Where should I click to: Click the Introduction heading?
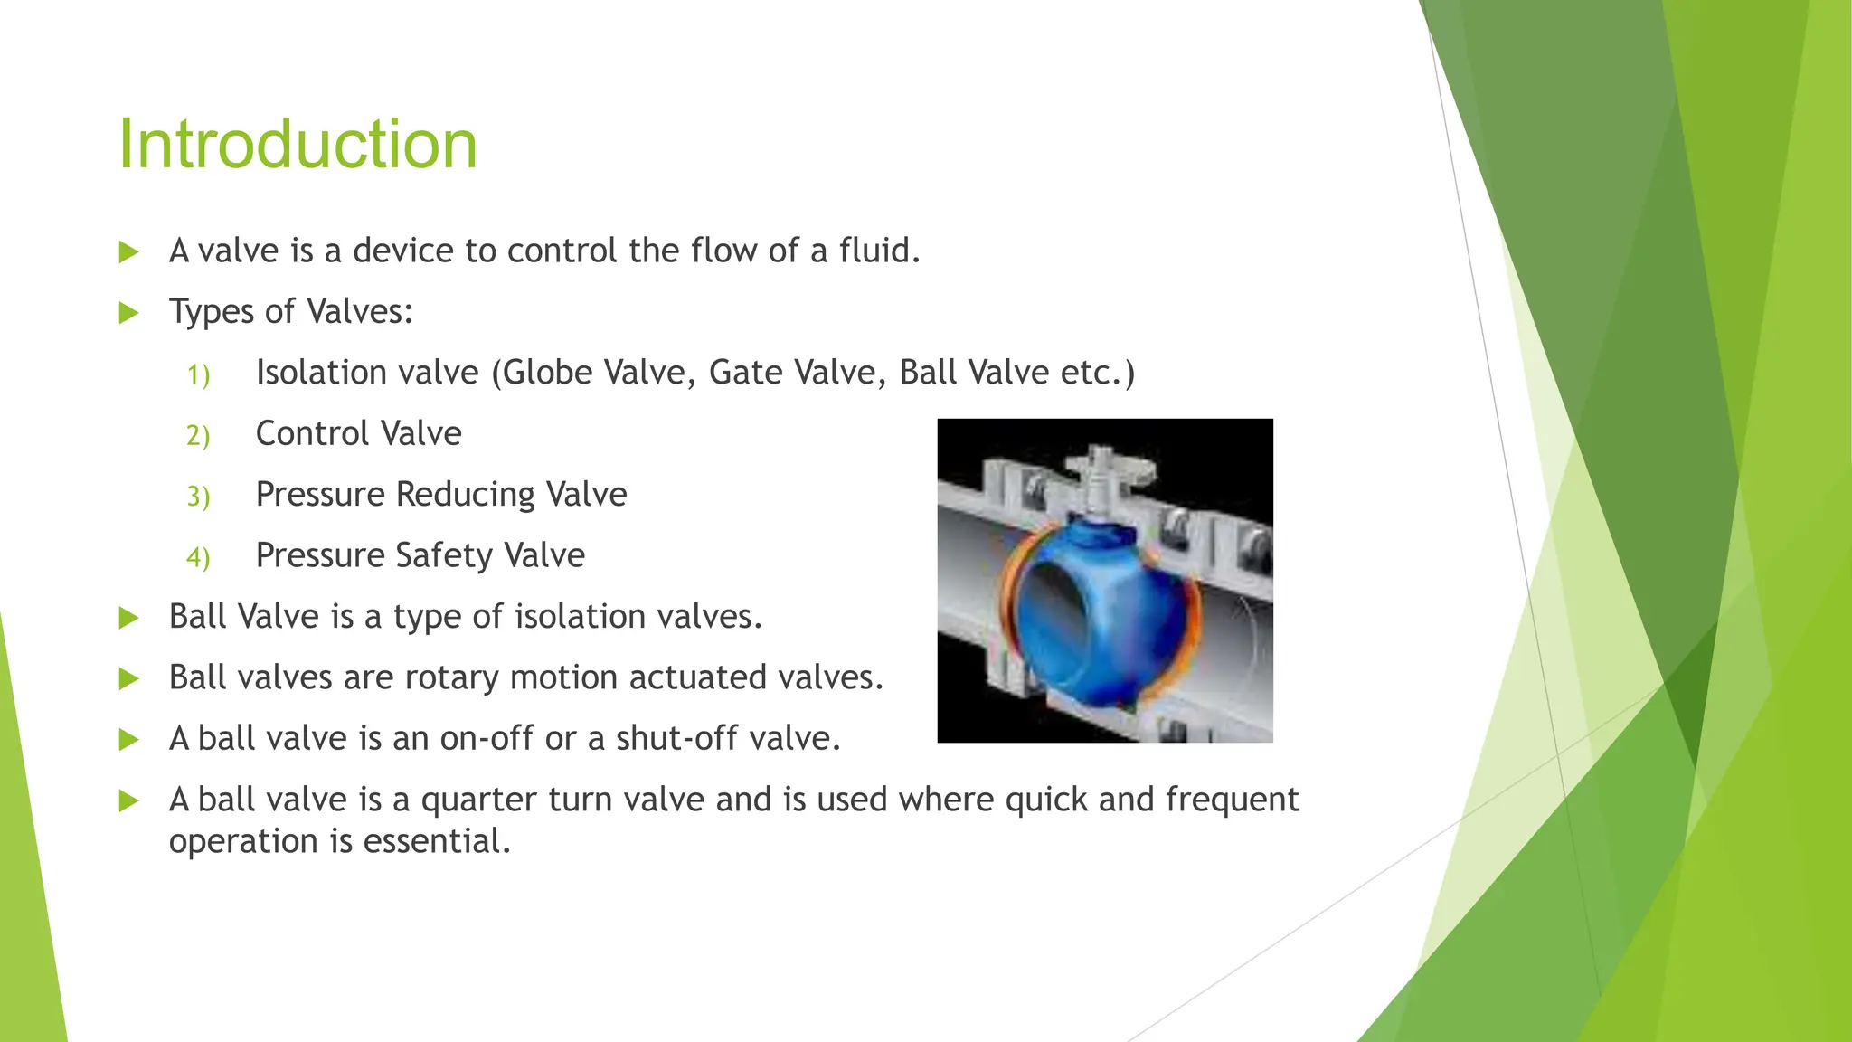pos(298,145)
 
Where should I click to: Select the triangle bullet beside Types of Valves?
pos(128,313)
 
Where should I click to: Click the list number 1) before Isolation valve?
pos(198,374)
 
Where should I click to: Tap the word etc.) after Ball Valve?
pos(1098,373)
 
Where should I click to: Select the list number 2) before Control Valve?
pos(198,435)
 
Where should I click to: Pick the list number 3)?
pos(198,497)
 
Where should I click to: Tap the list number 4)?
pos(198,557)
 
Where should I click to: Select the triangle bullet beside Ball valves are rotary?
pos(128,678)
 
